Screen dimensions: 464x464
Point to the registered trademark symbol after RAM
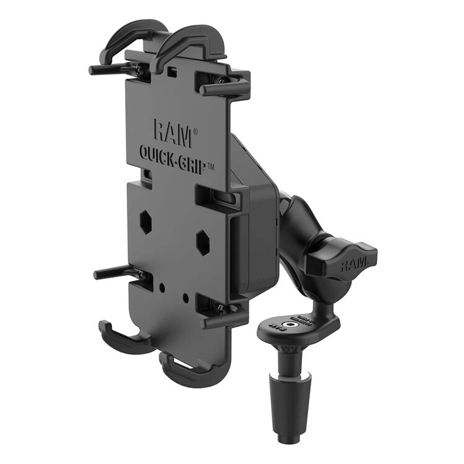[196, 132]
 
